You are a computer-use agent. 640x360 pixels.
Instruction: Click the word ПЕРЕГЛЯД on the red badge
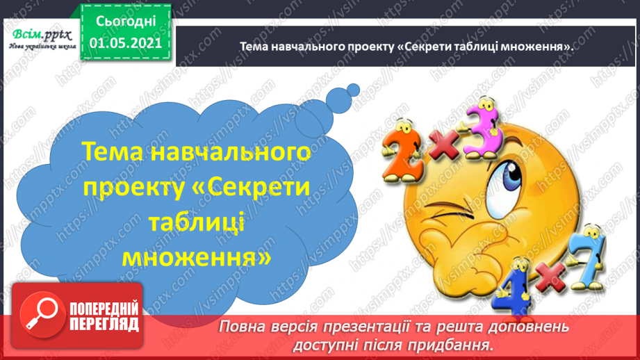pos(104,324)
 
